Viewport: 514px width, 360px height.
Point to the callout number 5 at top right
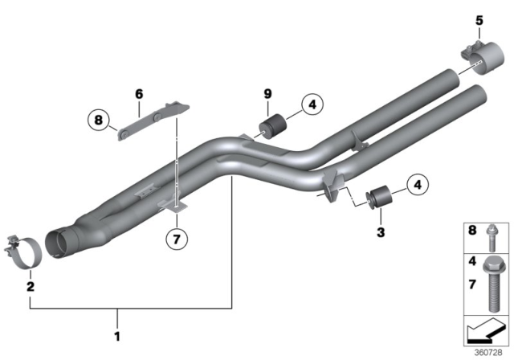pyautogui.click(x=479, y=20)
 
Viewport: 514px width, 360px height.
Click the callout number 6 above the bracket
pyautogui.click(x=138, y=94)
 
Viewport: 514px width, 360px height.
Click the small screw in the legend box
pyautogui.click(x=493, y=237)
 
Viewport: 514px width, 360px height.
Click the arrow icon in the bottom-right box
pyautogui.click(x=484, y=331)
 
